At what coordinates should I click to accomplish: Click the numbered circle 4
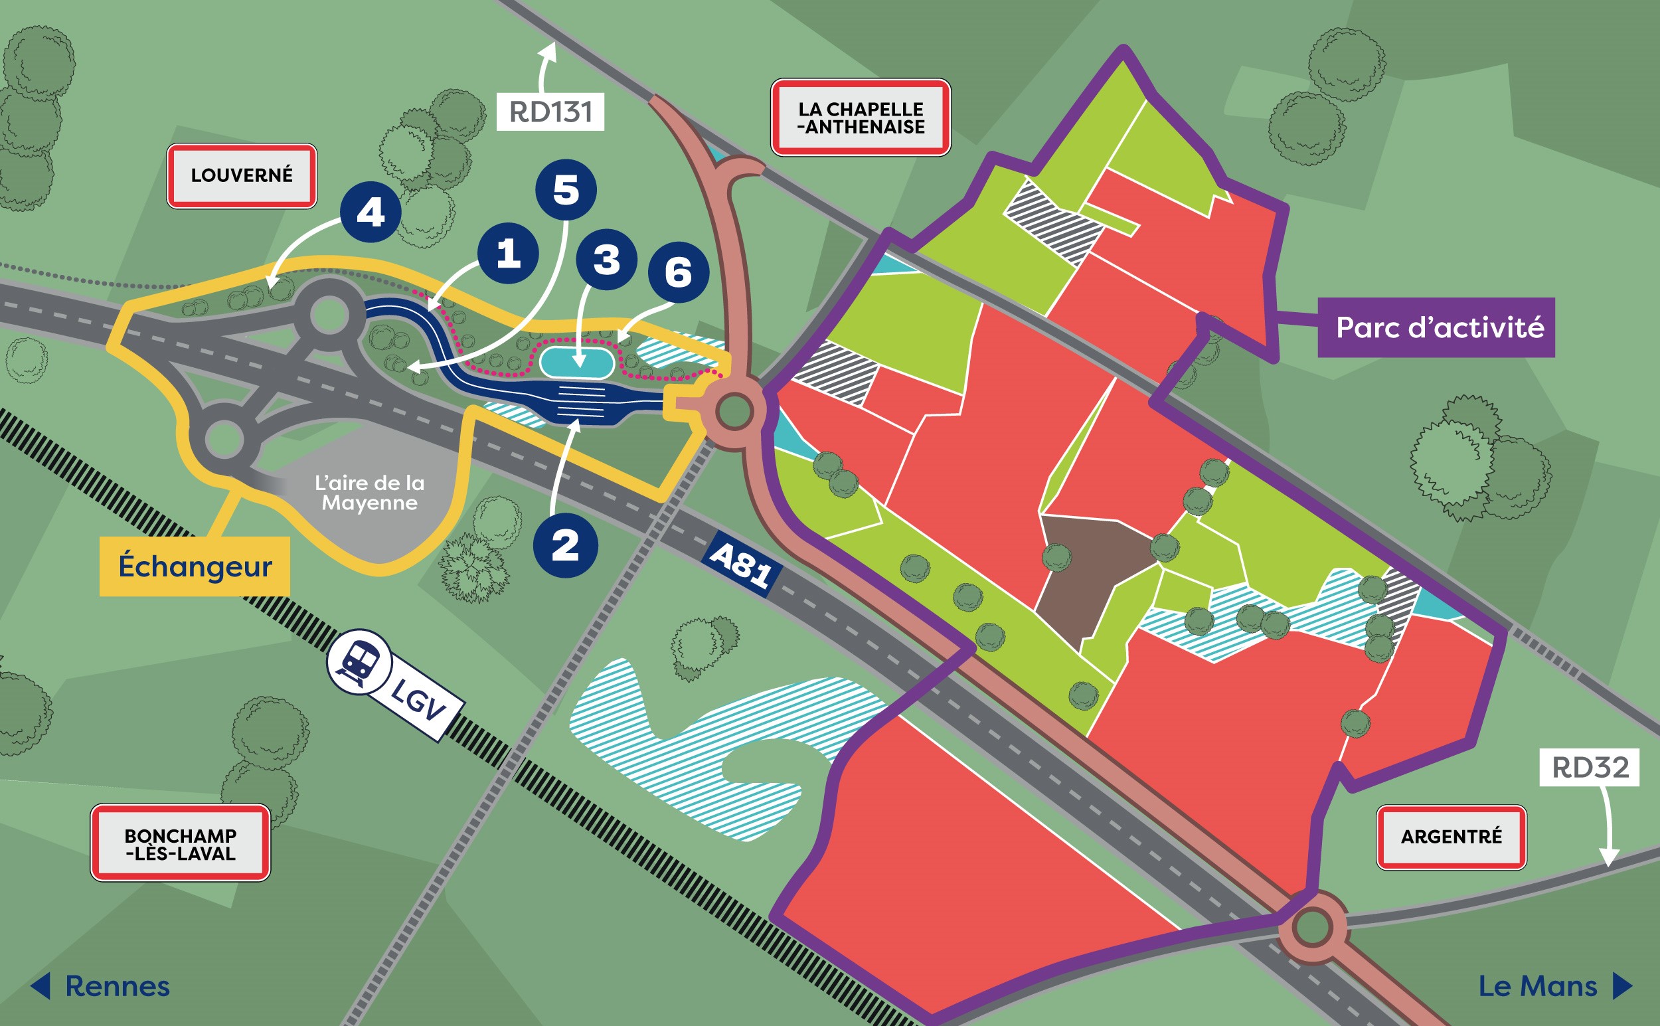[371, 212]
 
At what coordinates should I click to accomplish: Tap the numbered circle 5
[566, 189]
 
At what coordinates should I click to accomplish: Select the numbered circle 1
[508, 253]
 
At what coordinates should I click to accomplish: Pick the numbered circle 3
[606, 258]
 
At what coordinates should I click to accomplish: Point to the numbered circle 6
[678, 272]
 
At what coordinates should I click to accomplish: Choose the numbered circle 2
[565, 545]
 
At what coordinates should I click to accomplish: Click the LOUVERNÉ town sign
[242, 175]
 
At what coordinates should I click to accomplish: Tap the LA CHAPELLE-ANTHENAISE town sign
[860, 118]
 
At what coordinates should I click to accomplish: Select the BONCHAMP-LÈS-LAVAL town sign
[181, 843]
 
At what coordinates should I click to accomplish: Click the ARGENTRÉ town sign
[1451, 837]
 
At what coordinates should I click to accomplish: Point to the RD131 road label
[550, 112]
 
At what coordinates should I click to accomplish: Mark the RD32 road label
[1590, 768]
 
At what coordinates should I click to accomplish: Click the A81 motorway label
[740, 564]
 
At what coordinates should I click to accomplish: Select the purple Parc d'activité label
[1439, 327]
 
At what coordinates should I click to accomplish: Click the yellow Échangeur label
[195, 566]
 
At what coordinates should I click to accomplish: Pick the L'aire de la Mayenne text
[369, 493]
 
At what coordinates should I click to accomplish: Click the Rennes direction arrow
[42, 986]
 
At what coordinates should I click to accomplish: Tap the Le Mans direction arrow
[1621, 986]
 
